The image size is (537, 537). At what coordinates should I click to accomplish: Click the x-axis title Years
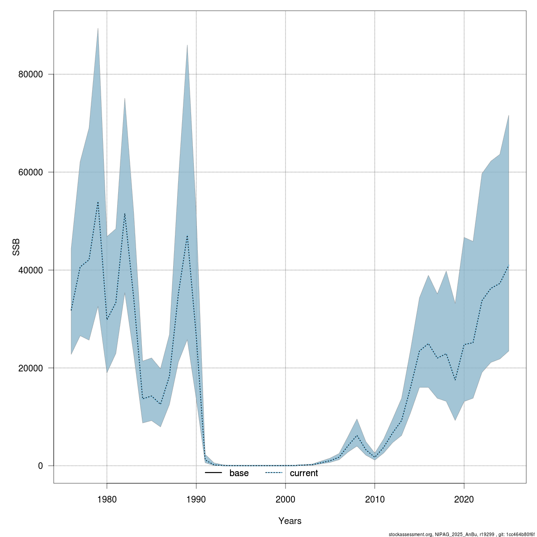click(290, 521)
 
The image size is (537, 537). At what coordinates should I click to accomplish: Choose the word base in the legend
click(239, 473)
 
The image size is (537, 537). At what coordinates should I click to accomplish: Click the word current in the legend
click(304, 473)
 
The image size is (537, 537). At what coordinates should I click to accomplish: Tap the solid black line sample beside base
click(214, 473)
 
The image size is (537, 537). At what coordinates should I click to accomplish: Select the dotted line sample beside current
click(274, 473)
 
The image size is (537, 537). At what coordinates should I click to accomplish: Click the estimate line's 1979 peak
click(98, 202)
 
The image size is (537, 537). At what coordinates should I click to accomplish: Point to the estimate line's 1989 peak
click(187, 235)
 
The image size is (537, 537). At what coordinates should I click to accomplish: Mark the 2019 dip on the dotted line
click(455, 380)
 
